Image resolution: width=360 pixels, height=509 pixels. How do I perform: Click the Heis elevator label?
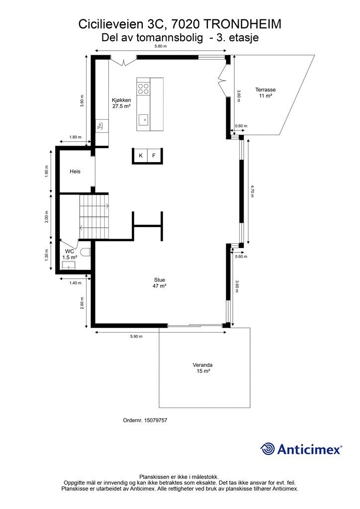click(x=75, y=171)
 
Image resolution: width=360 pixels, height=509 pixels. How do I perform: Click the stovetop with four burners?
click(x=144, y=88)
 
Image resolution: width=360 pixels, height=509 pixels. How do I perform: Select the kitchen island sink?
click(x=143, y=120)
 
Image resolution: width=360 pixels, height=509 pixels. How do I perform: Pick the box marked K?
click(x=140, y=156)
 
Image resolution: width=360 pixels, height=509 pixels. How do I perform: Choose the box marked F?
click(x=154, y=156)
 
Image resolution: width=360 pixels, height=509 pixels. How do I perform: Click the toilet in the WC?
click(x=86, y=252)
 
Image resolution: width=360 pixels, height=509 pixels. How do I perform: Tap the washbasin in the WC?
click(x=69, y=267)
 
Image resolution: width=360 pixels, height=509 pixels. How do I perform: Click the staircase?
click(x=94, y=217)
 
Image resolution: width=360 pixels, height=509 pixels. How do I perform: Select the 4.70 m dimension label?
click(x=253, y=191)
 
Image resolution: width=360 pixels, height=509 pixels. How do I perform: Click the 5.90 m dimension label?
click(x=136, y=337)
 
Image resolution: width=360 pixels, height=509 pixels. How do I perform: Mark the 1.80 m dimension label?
click(x=75, y=137)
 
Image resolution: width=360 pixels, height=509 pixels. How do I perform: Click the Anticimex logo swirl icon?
click(x=268, y=449)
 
